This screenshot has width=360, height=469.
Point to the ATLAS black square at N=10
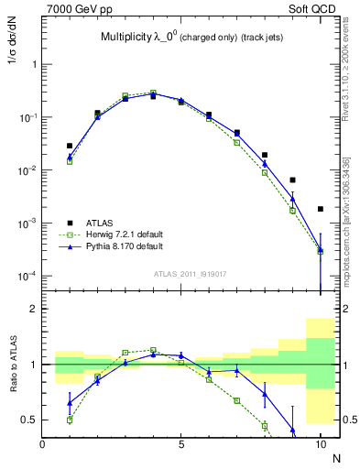[321, 209]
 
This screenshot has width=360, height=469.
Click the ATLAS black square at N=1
[70, 146]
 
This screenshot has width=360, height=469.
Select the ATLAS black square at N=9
[292, 180]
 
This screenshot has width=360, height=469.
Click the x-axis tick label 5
[181, 444]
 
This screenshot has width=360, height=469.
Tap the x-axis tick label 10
[320, 444]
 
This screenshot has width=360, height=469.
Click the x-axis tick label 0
[42, 444]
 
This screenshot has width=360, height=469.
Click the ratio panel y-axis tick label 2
[34, 310]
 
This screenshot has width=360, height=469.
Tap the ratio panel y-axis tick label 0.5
[30, 420]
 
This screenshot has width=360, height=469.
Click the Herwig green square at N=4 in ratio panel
[153, 350]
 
